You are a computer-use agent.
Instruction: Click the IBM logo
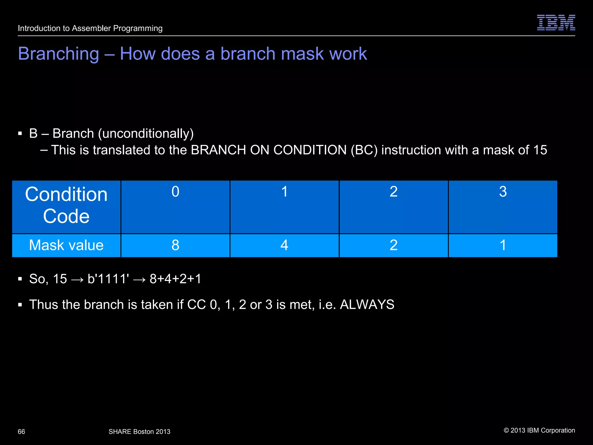(556, 23)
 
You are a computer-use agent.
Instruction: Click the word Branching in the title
(58, 54)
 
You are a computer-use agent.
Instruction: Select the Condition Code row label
(66, 205)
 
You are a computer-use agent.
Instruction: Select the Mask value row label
(66, 245)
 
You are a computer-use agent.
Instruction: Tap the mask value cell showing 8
(175, 245)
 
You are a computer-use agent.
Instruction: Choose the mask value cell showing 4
(284, 245)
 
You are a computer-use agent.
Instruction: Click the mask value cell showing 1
(503, 245)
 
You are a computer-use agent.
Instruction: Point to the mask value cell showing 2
(393, 245)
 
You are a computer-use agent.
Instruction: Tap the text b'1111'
(108, 279)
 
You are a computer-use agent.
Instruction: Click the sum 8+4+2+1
(175, 279)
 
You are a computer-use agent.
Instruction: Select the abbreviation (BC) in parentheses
(364, 150)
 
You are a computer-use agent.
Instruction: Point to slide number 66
(21, 432)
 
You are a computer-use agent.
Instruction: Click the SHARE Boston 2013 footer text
(139, 432)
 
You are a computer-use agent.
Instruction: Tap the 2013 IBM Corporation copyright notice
(539, 431)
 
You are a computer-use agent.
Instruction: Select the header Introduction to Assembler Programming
(90, 28)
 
